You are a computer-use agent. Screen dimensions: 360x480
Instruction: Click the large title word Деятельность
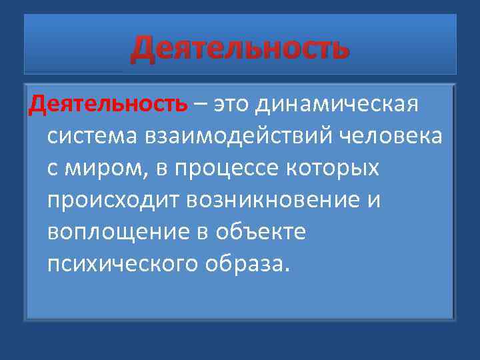coord(239,49)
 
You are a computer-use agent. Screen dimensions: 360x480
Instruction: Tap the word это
coord(233,104)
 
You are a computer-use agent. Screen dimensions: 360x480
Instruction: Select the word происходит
coord(113,201)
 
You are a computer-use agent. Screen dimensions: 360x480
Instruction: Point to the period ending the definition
coord(287,271)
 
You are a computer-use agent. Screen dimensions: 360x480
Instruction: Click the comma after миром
coord(149,175)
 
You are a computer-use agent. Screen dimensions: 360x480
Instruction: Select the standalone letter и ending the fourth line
coord(373,201)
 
